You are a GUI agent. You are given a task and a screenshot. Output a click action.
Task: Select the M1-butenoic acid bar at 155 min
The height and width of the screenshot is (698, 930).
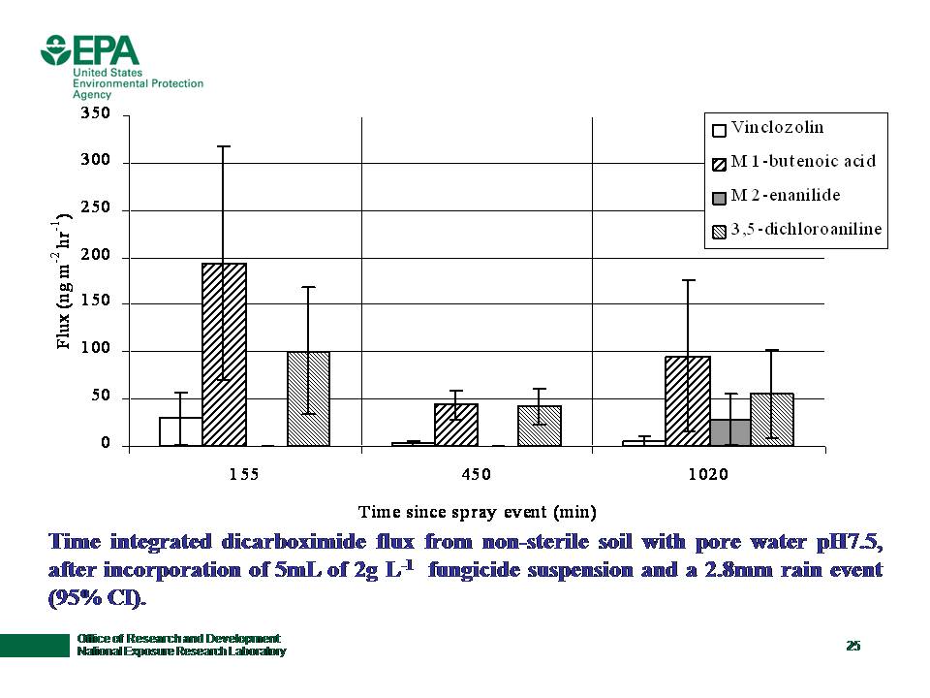point(224,355)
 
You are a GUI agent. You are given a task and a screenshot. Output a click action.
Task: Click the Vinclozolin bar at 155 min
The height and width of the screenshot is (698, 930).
point(181,431)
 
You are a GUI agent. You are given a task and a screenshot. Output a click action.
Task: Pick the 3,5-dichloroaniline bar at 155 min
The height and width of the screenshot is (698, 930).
point(309,398)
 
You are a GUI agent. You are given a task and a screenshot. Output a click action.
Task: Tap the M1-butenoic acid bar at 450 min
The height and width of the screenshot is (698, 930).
point(456,425)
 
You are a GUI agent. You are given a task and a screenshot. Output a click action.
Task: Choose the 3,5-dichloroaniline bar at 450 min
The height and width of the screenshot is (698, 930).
point(540,426)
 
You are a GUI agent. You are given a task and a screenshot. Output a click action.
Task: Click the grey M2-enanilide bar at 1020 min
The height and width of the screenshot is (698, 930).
point(730,432)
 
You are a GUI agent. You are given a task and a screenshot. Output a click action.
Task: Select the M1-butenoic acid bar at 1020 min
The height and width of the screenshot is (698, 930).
point(688,401)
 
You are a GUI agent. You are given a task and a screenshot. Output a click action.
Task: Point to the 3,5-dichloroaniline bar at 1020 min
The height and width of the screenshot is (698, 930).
point(772,420)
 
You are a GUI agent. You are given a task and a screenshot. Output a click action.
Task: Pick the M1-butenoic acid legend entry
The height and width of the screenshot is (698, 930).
point(793,161)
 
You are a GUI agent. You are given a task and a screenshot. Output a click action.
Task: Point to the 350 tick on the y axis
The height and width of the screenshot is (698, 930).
point(96,114)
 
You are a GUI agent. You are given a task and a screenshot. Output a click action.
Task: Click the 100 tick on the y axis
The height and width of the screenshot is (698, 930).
point(96,351)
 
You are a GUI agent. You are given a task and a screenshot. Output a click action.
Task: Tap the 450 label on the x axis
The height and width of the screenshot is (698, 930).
point(477,475)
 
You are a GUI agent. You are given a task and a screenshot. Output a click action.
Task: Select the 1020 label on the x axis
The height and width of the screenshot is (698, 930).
point(708,475)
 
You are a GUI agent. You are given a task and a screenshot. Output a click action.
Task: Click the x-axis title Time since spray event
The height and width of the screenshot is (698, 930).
point(477,510)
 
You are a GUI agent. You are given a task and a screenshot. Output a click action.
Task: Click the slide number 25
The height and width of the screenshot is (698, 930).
point(852,646)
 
